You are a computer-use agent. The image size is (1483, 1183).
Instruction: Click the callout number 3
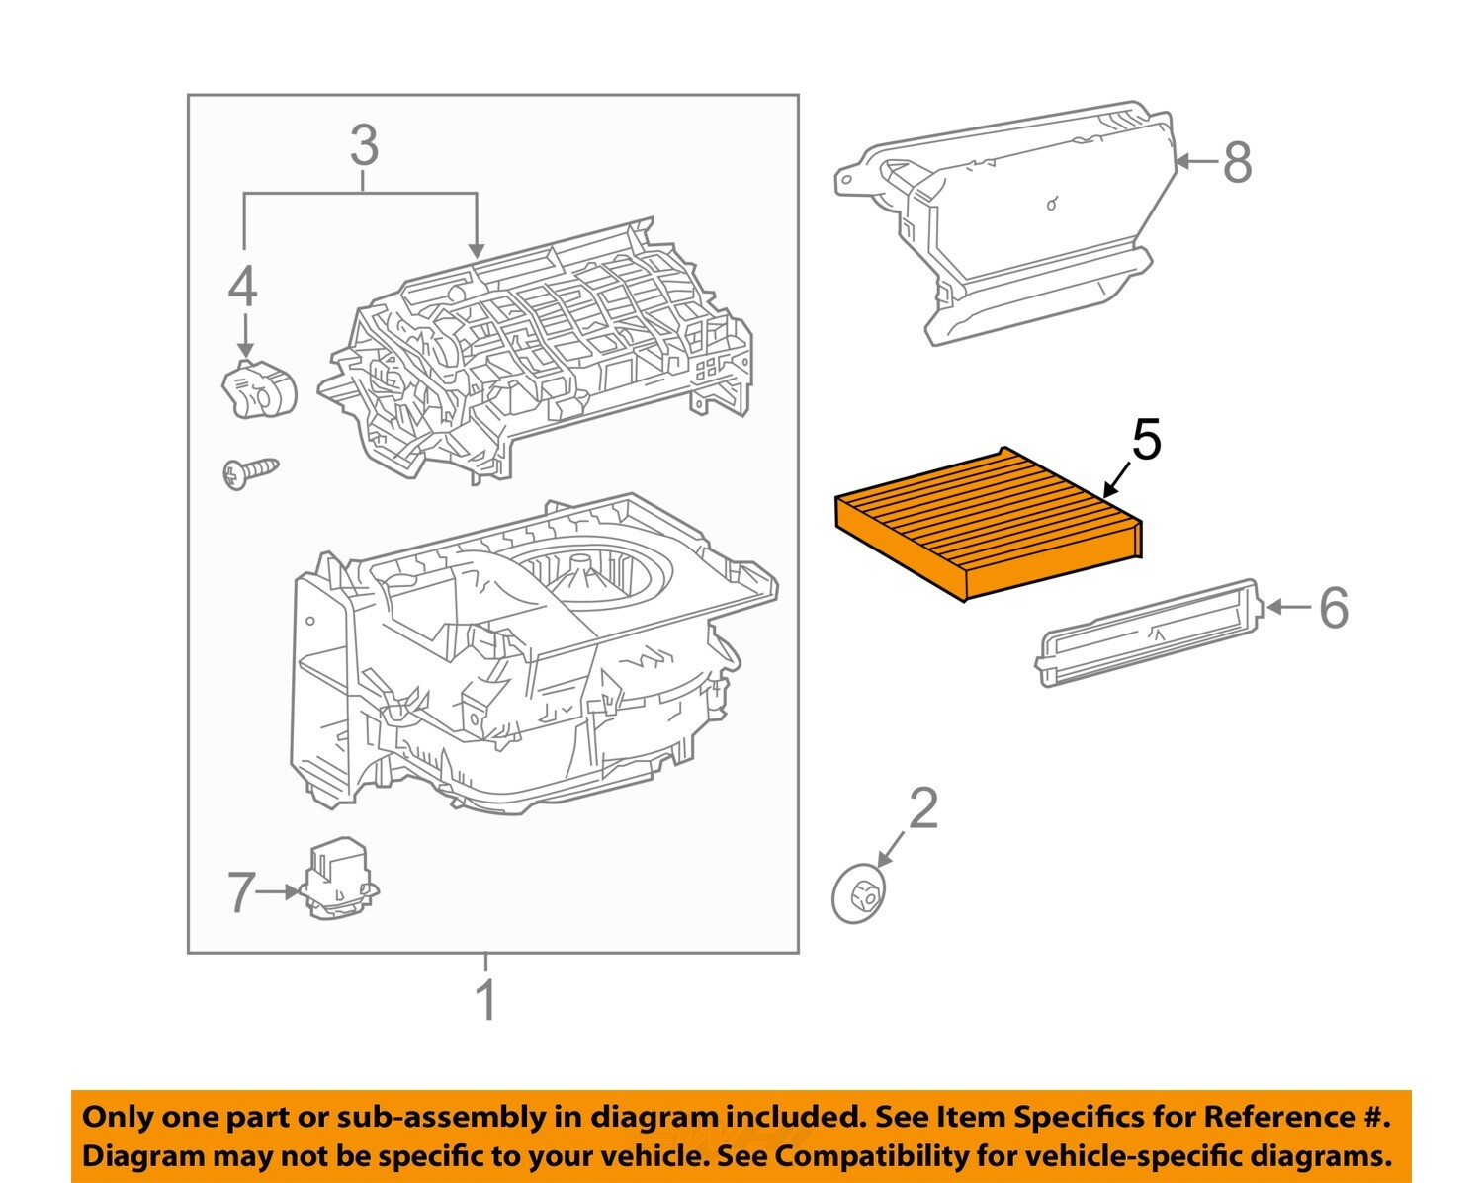tap(364, 146)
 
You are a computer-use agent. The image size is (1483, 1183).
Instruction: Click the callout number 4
tap(243, 288)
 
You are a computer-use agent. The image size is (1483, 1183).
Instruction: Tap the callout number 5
tap(1146, 440)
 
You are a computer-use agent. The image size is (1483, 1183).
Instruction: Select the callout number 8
tap(1237, 163)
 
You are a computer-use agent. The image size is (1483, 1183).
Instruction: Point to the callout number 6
tap(1334, 607)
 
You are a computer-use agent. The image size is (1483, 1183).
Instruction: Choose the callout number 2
tap(922, 809)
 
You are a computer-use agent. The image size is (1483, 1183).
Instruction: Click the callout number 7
tap(242, 892)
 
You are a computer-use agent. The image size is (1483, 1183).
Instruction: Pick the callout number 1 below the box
tap(485, 1001)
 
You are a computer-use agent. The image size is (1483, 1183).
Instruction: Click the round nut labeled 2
tap(858, 893)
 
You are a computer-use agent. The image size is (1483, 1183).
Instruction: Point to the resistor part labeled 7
tap(338, 878)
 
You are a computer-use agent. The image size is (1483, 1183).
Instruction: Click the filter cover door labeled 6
tap(1147, 633)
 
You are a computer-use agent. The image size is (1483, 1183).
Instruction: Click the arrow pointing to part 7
tap(280, 891)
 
